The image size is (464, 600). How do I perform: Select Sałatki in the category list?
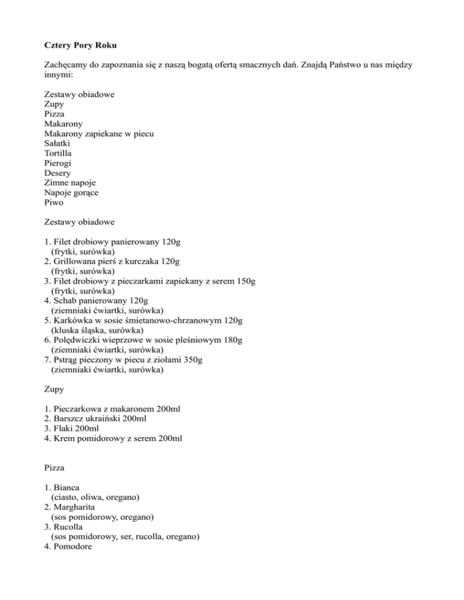click(57, 144)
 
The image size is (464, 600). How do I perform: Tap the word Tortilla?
click(58, 153)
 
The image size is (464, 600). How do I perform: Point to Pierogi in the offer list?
click(58, 163)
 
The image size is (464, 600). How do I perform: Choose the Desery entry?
click(57, 173)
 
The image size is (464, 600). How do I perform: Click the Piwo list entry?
click(54, 202)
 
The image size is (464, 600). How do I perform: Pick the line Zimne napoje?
click(69, 182)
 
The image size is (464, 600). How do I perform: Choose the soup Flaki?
click(64, 429)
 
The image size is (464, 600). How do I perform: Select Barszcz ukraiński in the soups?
click(86, 419)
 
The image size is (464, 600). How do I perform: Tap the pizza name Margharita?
click(77, 507)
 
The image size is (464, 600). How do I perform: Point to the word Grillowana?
click(77, 262)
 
